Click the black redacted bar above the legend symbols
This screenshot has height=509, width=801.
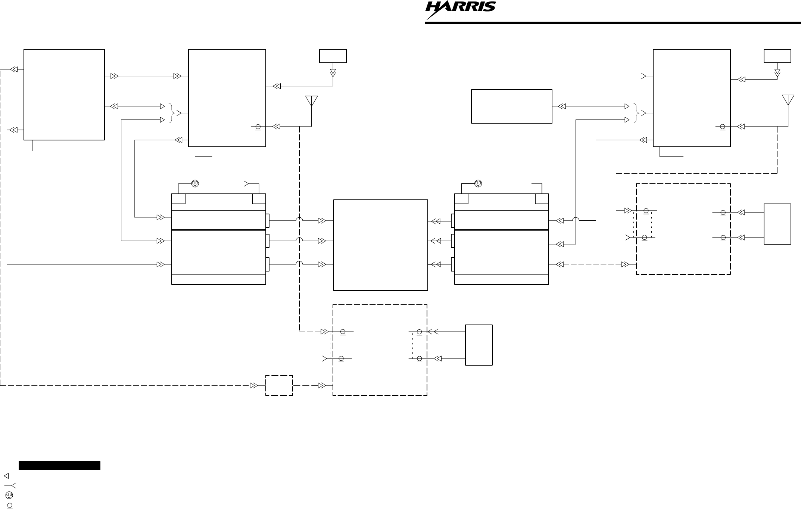[59, 466]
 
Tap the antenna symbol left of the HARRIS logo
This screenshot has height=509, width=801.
[311, 101]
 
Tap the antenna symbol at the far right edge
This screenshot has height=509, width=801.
[788, 100]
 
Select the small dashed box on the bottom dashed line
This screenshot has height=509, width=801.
[279, 385]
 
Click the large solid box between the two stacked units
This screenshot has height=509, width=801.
[380, 245]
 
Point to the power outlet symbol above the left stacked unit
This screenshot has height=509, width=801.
[195, 183]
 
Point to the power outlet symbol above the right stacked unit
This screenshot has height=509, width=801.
[478, 183]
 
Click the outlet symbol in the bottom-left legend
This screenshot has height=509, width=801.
[9, 495]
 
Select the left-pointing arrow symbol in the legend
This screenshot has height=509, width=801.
[9, 476]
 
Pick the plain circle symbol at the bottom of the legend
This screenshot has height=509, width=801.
[10, 505]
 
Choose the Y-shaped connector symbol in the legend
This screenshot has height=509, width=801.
[10, 485]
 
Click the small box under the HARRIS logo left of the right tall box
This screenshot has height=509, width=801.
[511, 106]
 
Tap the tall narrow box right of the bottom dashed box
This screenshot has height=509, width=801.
[479, 345]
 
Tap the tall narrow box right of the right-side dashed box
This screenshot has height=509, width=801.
[777, 224]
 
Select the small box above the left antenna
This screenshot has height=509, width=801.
[333, 56]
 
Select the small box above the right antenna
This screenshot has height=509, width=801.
[777, 56]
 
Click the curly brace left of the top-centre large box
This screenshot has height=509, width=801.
[172, 113]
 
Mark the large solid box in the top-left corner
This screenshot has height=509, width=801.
[64, 94]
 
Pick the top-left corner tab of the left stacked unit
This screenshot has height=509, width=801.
[178, 199]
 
